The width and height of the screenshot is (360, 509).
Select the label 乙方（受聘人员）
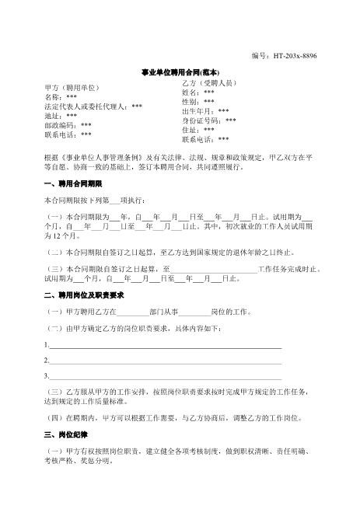(x=209, y=82)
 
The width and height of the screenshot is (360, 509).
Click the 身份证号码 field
(x=209, y=120)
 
